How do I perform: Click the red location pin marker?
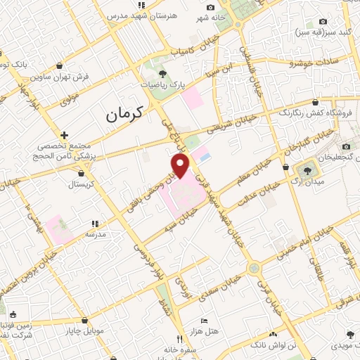tap(181, 166)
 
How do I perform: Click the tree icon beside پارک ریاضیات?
tap(162, 73)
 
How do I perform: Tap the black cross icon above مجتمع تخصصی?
tap(64, 134)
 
